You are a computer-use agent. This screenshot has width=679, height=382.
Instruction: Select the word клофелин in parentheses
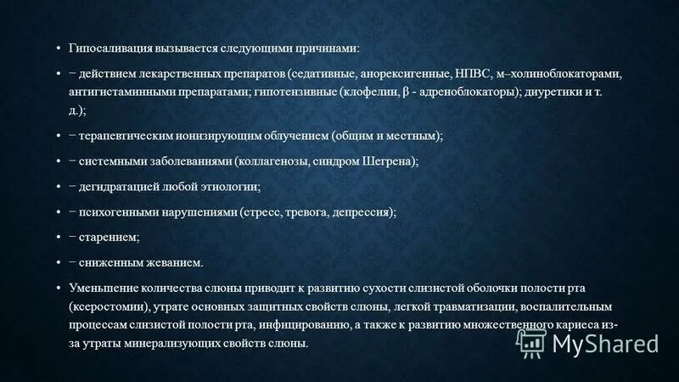[x=368, y=93]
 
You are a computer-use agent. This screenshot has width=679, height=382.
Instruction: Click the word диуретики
[x=554, y=93]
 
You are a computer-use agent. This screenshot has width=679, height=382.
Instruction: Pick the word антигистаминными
[x=118, y=93]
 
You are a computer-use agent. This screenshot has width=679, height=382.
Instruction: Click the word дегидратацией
[x=121, y=187]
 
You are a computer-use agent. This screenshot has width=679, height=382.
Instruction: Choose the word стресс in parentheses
[x=266, y=212]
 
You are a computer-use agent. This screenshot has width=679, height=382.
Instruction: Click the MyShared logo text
[x=606, y=344]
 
